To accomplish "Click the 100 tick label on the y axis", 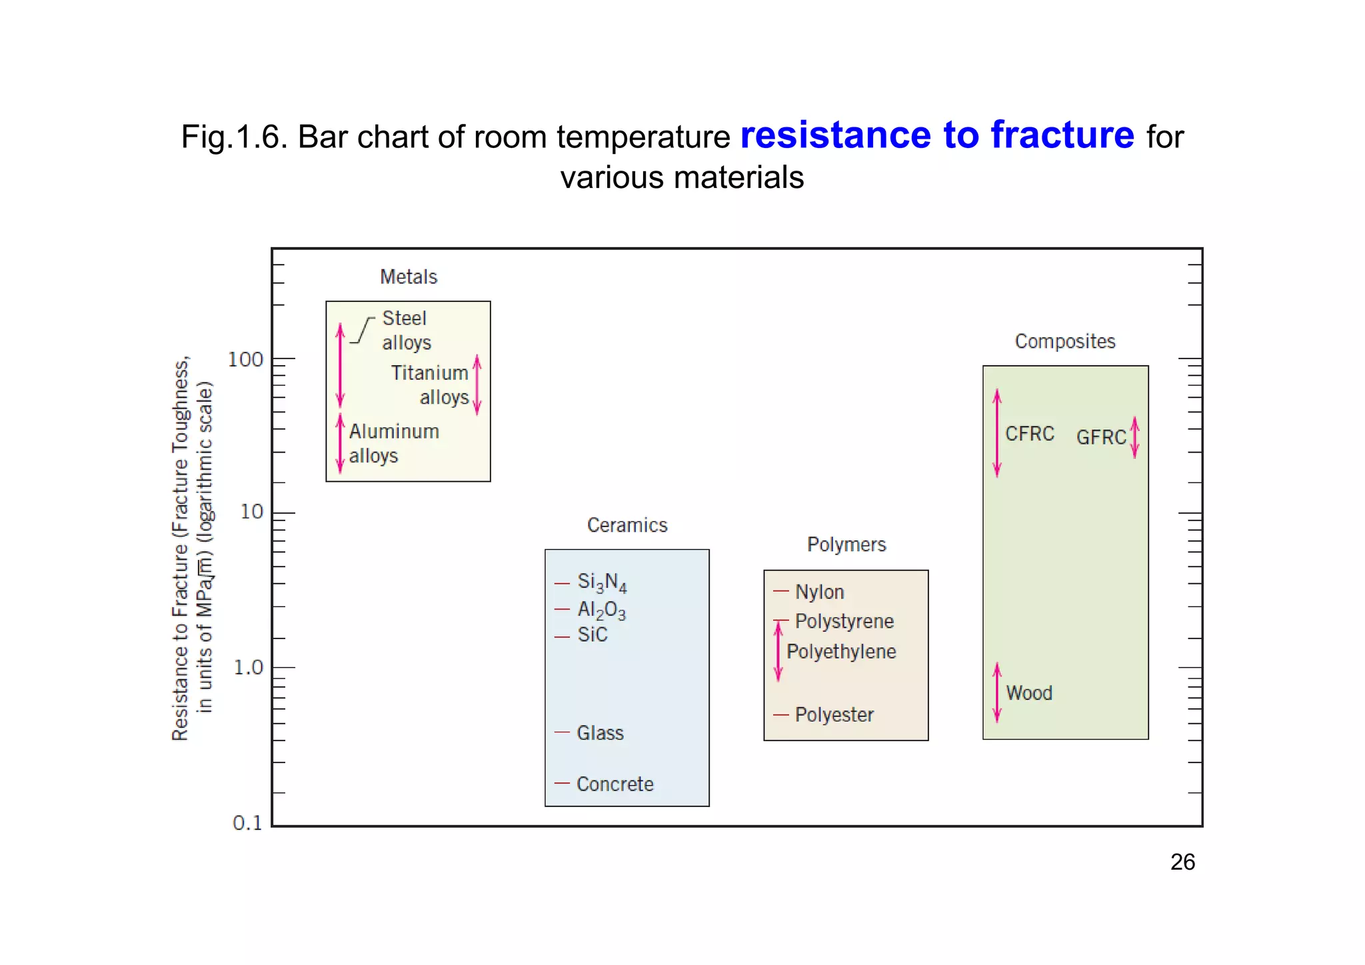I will (245, 360).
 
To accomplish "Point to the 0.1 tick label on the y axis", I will (247, 823).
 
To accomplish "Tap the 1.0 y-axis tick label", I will (248, 667).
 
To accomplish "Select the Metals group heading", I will (409, 277).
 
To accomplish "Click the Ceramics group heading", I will (627, 525).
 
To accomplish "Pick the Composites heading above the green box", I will (1065, 341).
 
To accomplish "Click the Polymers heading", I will (846, 544).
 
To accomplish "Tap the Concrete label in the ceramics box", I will (615, 784).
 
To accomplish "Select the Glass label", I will (600, 733).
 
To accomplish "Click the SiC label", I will (593, 634).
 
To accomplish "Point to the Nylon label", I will (819, 592).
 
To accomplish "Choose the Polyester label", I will (834, 714).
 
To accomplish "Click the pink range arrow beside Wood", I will (997, 692).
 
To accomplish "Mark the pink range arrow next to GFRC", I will (1135, 437).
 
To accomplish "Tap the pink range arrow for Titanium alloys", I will (477, 385).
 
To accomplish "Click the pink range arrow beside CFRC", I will (997, 433).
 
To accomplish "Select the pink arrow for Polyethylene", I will (778, 651).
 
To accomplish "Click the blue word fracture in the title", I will (1062, 135).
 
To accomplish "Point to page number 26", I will (1182, 862).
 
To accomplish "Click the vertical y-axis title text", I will (192, 548).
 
